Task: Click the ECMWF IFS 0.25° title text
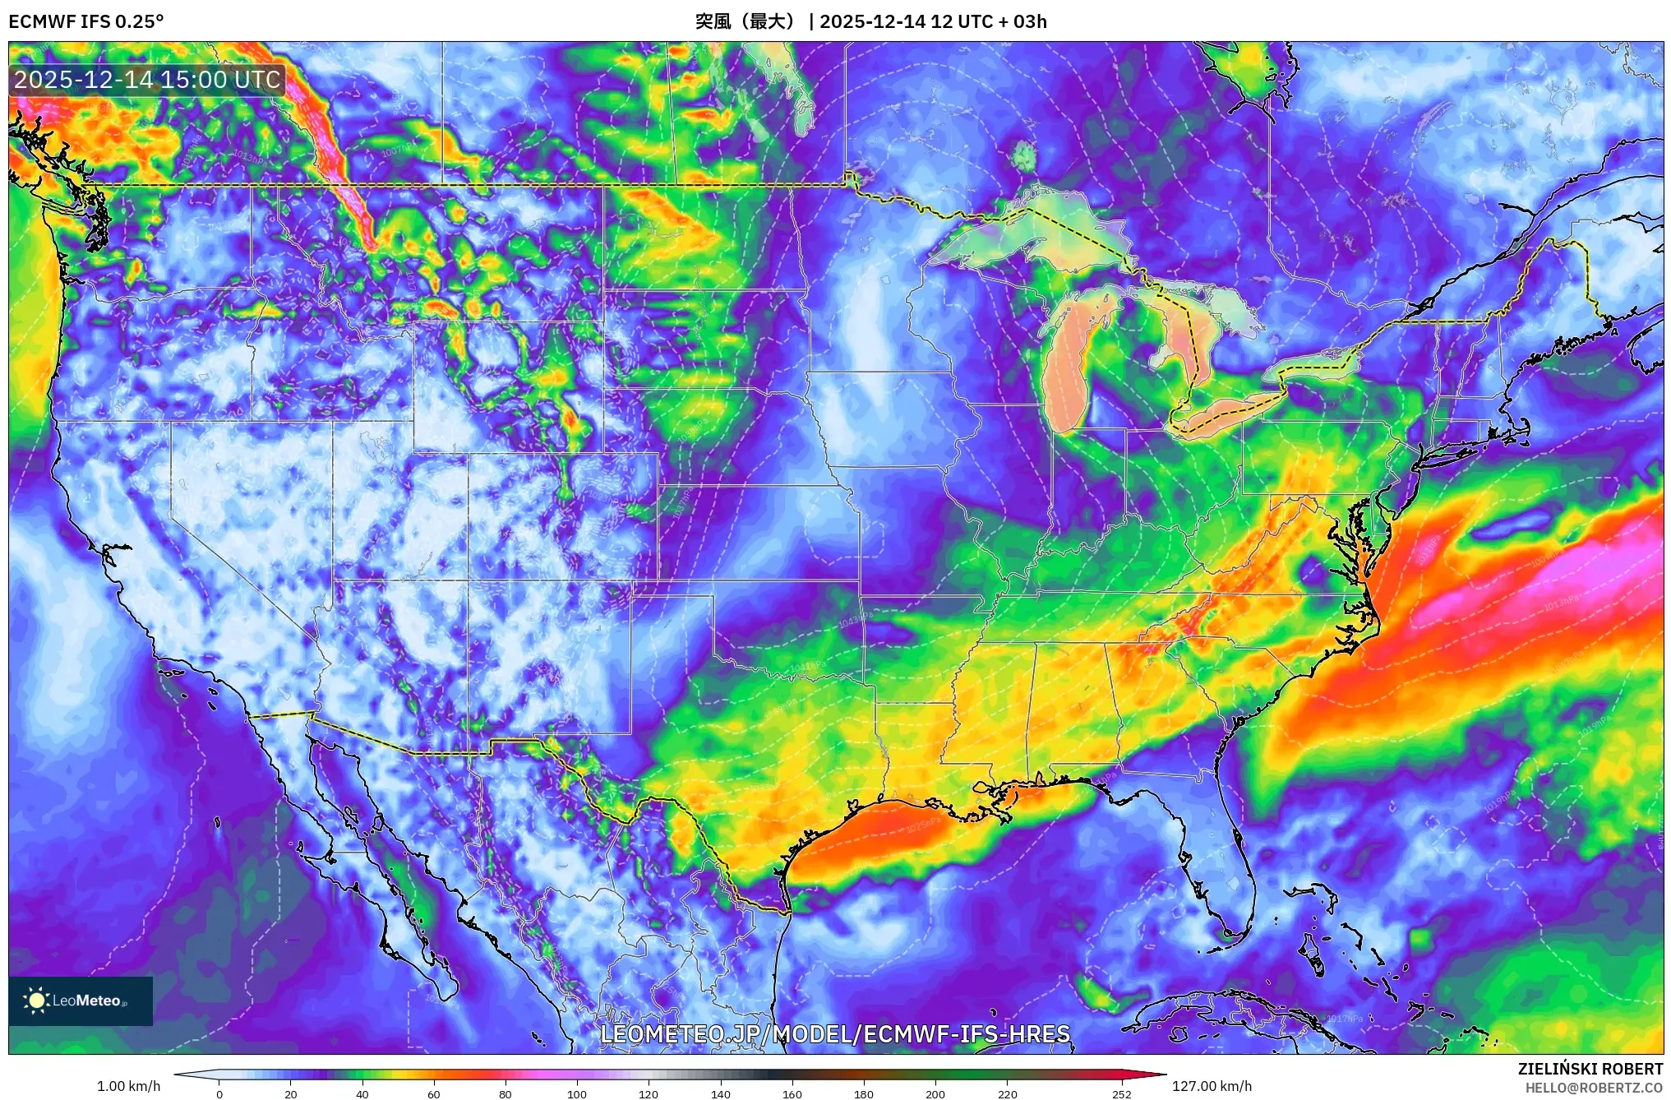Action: coord(86,21)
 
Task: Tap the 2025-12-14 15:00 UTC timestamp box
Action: coord(147,80)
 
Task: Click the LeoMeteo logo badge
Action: coord(81,1001)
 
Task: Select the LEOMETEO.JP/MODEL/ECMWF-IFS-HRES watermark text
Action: coord(835,1034)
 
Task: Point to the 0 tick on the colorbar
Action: coord(219,1093)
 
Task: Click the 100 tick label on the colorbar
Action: coord(577,1094)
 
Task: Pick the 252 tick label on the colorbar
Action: coord(1122,1094)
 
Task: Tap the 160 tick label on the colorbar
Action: coord(792,1094)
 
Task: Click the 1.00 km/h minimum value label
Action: coord(129,1086)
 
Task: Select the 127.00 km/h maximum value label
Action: coord(1212,1086)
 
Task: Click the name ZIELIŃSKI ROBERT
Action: coord(1590,1069)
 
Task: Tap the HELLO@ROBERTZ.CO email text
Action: coord(1594,1088)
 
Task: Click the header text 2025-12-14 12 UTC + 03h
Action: coord(933,21)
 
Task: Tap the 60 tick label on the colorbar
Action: coord(434,1094)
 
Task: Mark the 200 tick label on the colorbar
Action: coord(935,1094)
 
